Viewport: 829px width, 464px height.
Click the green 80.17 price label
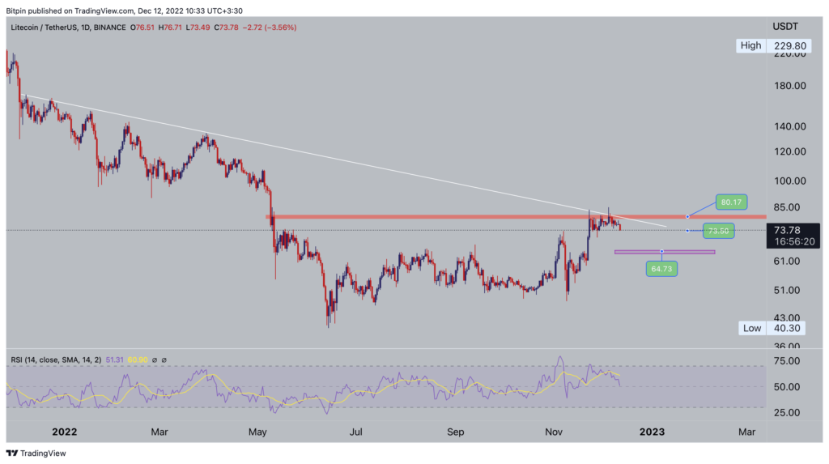pos(730,202)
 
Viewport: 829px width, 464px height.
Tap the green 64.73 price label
pos(661,268)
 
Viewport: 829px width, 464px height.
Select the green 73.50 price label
pos(718,231)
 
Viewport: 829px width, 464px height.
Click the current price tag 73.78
pos(789,230)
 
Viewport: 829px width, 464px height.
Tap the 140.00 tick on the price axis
pos(789,126)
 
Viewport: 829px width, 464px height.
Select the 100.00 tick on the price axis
pos(789,181)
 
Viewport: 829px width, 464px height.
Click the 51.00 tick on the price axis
pos(789,290)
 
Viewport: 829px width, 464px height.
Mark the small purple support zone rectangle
pos(665,252)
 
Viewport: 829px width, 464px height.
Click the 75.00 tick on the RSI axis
pos(789,360)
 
